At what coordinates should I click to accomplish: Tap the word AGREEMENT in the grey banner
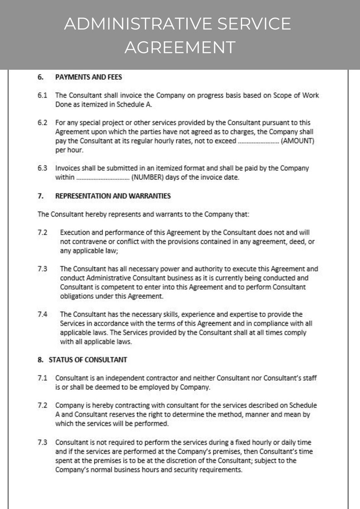pyautogui.click(x=180, y=47)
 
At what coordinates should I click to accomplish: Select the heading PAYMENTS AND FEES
pyautogui.click(x=88, y=77)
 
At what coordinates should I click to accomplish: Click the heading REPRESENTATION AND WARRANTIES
pyautogui.click(x=113, y=196)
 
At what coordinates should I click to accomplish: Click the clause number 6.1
pyautogui.click(x=42, y=96)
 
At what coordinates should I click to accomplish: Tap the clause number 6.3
pyautogui.click(x=42, y=168)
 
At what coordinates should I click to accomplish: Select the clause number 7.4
pyautogui.click(x=42, y=314)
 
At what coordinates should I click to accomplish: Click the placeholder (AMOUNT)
pyautogui.click(x=298, y=141)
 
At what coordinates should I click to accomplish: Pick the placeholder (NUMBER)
pyautogui.click(x=147, y=177)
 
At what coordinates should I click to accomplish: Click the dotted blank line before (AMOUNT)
pyautogui.click(x=258, y=141)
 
